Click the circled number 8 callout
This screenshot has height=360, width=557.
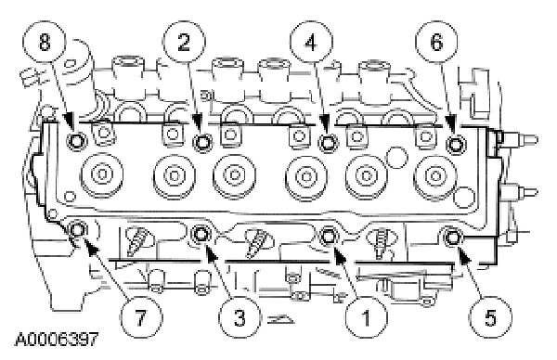pos(45,43)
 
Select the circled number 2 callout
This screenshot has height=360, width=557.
pos(185,43)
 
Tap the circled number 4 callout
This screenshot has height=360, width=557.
pos(311,43)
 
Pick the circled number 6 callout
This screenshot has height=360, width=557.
pos(436,43)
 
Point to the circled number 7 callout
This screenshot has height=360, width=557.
pos(140,316)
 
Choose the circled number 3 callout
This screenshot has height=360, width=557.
pos(240,316)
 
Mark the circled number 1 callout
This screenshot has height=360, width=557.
pos(366,316)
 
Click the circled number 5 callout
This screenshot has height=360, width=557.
pos(490,316)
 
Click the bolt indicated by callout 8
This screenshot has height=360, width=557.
pos(76,142)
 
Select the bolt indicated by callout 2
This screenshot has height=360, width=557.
pos(202,143)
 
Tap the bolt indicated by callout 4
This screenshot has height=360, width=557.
pos(327,144)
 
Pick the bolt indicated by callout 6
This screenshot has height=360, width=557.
pos(455,144)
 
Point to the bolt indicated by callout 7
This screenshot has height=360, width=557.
pos(77,230)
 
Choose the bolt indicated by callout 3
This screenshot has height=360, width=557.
pos(201,234)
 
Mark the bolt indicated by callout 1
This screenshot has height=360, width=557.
pos(328,236)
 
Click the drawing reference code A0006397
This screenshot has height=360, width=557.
pos(56,340)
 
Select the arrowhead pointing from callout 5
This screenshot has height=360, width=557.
pos(464,254)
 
